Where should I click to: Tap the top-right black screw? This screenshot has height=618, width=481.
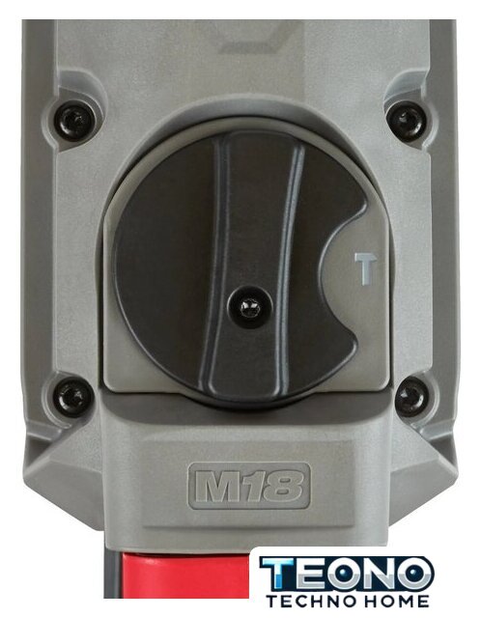(406, 119)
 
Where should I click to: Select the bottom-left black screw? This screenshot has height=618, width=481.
(71, 395)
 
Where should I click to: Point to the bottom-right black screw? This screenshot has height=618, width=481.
(410, 395)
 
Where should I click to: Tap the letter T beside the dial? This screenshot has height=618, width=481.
(365, 268)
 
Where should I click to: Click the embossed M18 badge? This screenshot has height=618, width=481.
(249, 487)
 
